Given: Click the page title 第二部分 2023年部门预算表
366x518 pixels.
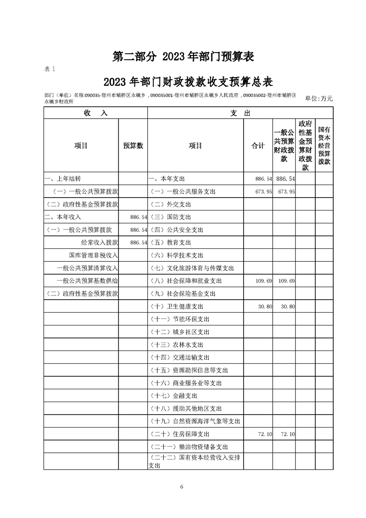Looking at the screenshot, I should point(184,56).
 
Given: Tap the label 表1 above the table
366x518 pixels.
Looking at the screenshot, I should point(49,69).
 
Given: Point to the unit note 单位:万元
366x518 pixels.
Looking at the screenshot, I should point(318,98).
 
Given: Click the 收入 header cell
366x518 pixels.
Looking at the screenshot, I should point(96,113).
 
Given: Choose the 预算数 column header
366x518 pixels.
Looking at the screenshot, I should point(133,145).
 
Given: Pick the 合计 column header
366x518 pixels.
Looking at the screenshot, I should point(258,145).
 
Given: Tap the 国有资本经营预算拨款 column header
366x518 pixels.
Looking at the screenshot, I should point(324,145).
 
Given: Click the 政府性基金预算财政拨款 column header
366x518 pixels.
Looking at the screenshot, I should point(305,145).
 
